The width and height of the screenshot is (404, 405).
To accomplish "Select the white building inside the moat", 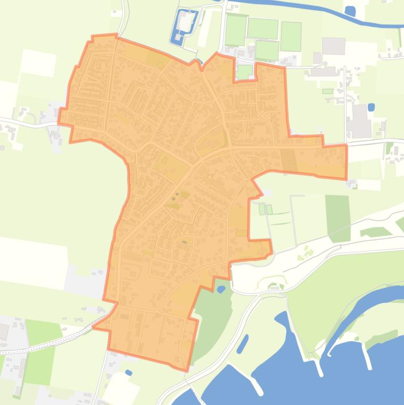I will tap(185, 22).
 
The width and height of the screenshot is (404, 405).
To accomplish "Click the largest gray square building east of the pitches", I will tap(333, 46).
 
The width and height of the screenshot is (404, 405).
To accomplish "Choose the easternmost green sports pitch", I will tap(291, 36).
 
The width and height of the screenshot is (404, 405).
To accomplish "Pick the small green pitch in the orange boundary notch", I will tap(244, 72).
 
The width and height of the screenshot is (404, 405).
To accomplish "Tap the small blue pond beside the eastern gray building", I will tap(371, 107).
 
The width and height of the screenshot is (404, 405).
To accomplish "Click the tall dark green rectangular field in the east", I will tap(337, 218).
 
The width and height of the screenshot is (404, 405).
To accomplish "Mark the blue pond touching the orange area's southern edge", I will tap(221, 289).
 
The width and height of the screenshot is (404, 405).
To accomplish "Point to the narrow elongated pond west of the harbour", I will tap(242, 344).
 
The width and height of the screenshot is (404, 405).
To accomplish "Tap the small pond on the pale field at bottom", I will tap(129, 373).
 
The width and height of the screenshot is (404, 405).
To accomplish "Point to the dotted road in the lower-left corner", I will tap(47, 343).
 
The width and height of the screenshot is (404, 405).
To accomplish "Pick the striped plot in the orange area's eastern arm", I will tap(289, 160).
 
